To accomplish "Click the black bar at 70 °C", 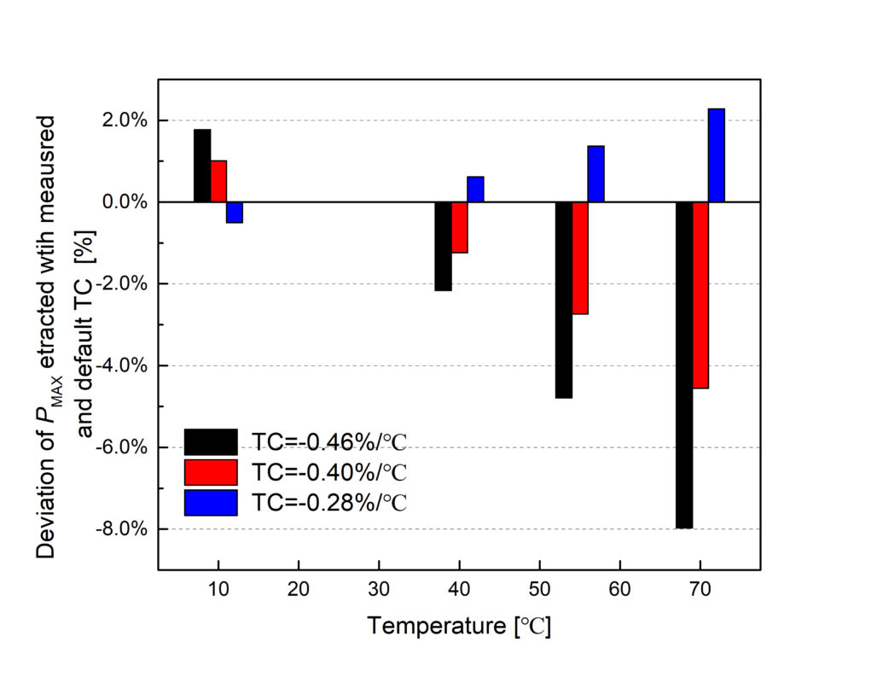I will tap(684, 365).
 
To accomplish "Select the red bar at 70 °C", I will tap(700, 295).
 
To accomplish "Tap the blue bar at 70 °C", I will tap(717, 155).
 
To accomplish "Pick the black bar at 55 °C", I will tap(564, 300).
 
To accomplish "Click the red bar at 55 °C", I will tap(580, 258).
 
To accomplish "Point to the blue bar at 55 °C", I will tap(595, 174).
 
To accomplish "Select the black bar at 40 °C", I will tap(443, 246).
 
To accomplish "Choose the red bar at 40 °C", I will tap(460, 227).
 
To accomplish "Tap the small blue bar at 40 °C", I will tap(476, 190).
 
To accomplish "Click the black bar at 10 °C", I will tap(202, 166).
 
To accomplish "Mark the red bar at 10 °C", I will tap(218, 181).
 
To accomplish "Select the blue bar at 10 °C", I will tap(235, 212).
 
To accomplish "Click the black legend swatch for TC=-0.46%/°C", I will tap(211, 441).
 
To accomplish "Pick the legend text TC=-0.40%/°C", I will tap(329, 472).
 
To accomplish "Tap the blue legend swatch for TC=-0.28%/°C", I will tap(211, 503).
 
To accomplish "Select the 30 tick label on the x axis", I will tap(379, 590).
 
